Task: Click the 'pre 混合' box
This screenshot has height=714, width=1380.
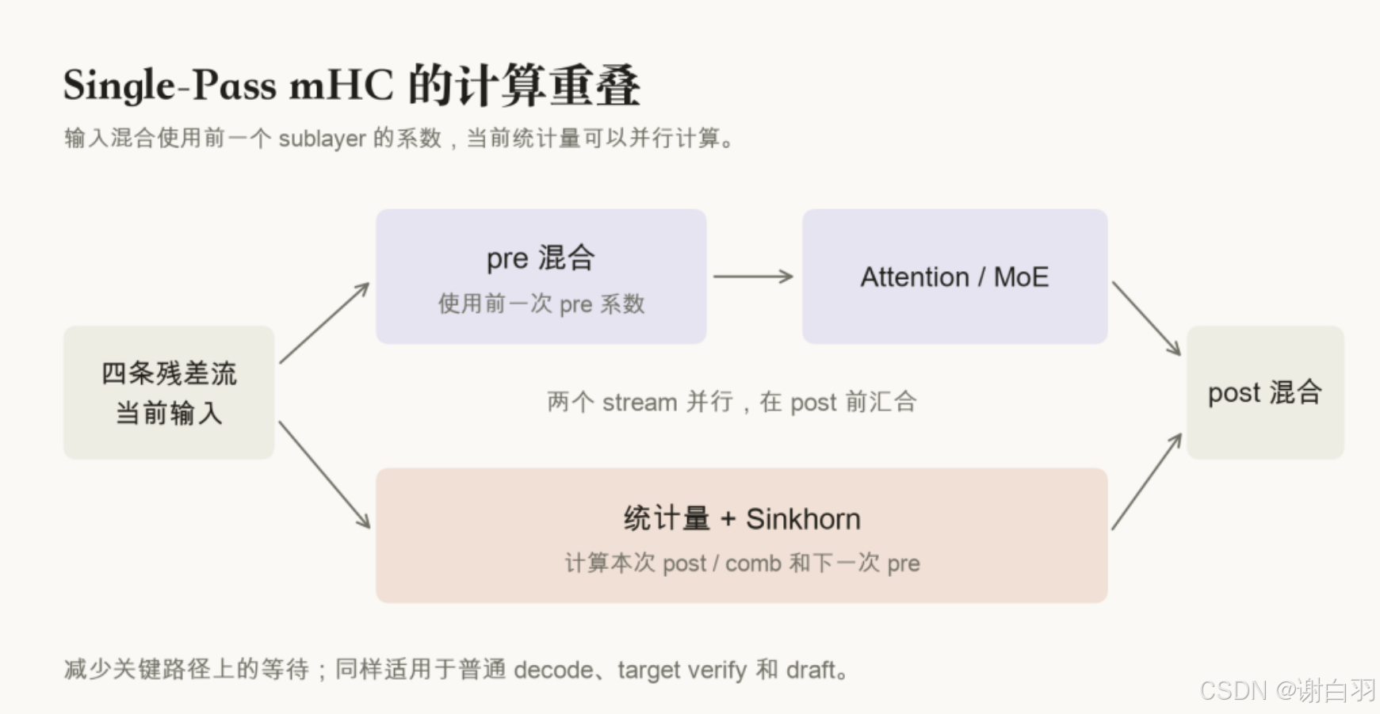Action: pyautogui.click(x=541, y=277)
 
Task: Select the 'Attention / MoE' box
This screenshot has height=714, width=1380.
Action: pyautogui.click(x=954, y=277)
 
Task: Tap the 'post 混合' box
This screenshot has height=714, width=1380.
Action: pyautogui.click(x=1265, y=392)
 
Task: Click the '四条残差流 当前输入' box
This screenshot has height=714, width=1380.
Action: pyautogui.click(x=169, y=392)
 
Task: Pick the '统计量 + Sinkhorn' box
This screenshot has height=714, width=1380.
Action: pyautogui.click(x=741, y=536)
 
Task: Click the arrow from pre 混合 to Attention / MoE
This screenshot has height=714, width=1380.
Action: pyautogui.click(x=753, y=277)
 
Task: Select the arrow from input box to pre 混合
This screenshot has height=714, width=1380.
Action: pyautogui.click(x=324, y=323)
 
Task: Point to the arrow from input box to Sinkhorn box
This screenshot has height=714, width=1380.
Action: pyautogui.click(x=324, y=475)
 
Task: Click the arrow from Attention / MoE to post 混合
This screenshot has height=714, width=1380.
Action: pyautogui.click(x=1146, y=319)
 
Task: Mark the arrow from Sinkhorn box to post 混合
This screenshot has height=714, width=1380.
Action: pyautogui.click(x=1146, y=481)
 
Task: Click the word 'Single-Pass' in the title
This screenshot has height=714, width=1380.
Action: pyautogui.click(x=170, y=86)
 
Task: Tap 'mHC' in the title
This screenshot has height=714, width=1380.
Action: pyautogui.click(x=341, y=86)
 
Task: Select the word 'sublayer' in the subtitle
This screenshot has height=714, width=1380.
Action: pyautogui.click(x=322, y=139)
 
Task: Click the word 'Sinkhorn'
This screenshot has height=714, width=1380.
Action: pyautogui.click(x=803, y=519)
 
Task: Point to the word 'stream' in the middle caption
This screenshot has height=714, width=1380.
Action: pyautogui.click(x=640, y=403)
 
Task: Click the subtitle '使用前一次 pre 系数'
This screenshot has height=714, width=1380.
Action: pyautogui.click(x=541, y=304)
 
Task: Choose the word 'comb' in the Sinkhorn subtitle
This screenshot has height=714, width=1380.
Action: pyautogui.click(x=753, y=563)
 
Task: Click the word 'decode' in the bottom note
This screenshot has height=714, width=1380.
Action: pyautogui.click(x=553, y=670)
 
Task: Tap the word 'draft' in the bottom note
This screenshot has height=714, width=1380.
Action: pyautogui.click(x=812, y=670)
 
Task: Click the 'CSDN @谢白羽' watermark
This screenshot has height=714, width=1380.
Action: pyautogui.click(x=1287, y=690)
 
